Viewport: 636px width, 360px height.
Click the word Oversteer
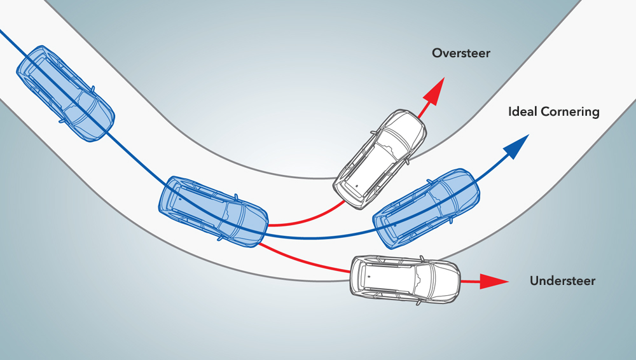point(461,53)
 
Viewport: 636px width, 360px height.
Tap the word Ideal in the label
point(523,112)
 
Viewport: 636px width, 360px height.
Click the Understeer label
point(562,280)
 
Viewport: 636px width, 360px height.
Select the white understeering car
point(406,279)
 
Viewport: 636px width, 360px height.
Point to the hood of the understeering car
point(445,279)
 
